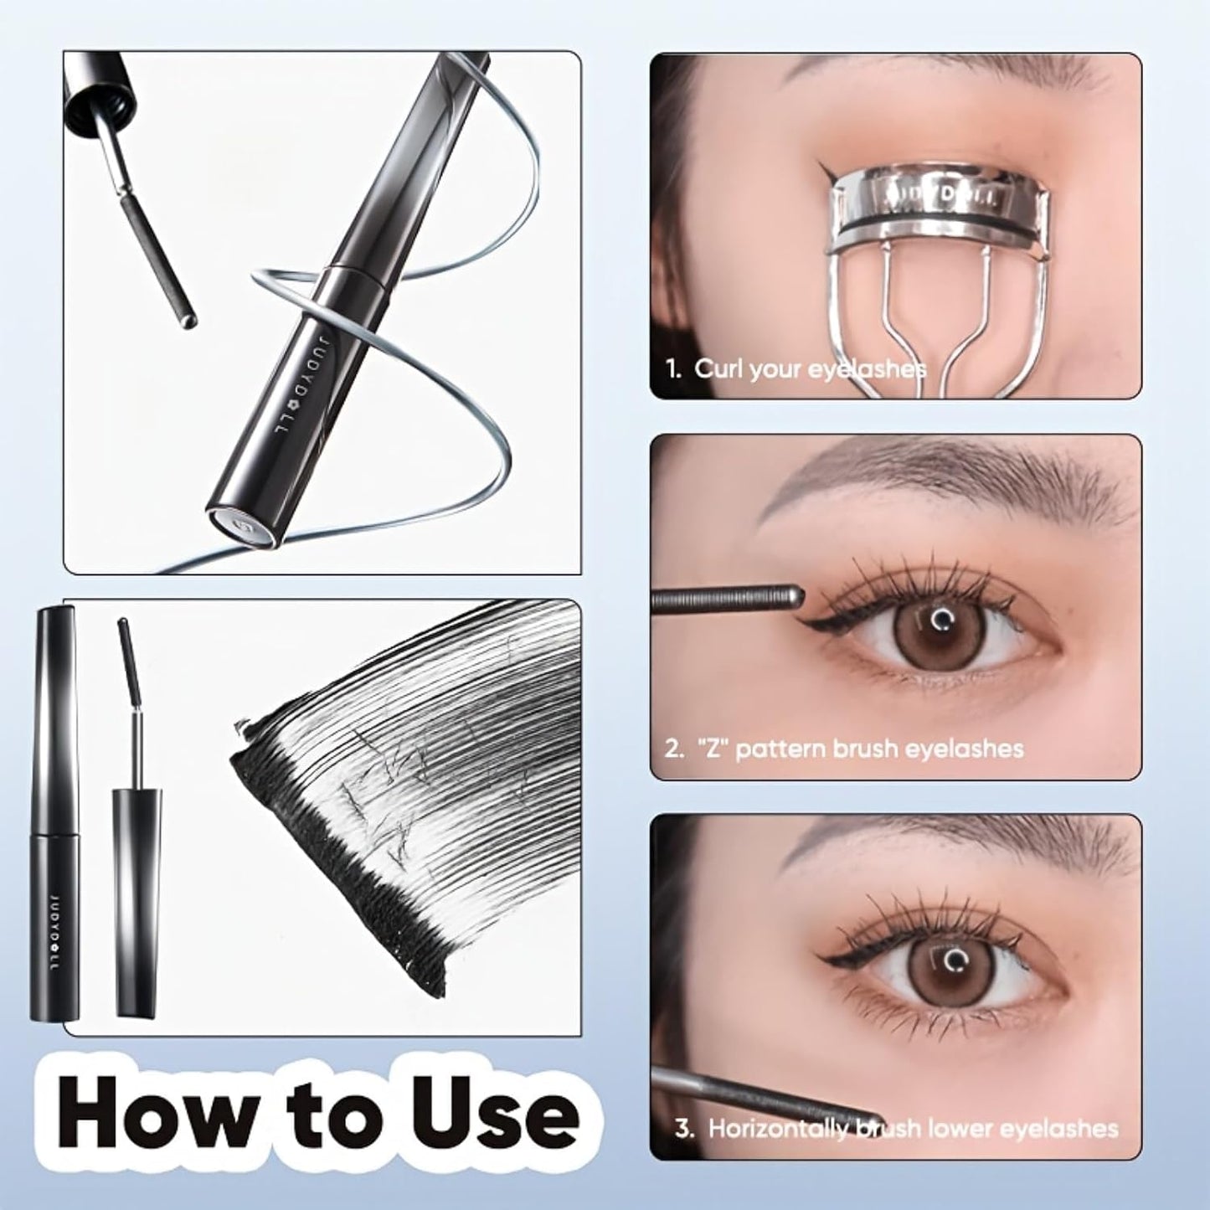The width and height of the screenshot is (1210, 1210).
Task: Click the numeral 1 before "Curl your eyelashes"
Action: pos(672,369)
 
